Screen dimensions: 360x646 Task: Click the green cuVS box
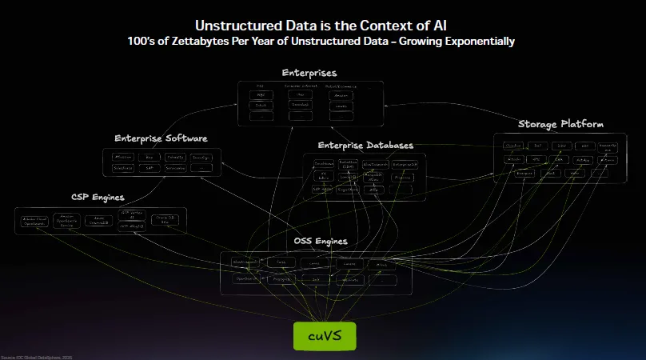(x=324, y=336)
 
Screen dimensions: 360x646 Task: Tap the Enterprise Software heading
(x=161, y=138)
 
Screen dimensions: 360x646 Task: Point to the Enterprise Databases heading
(x=365, y=145)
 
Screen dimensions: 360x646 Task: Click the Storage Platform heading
(x=560, y=124)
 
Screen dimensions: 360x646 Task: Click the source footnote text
(x=36, y=356)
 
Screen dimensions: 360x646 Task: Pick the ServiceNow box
(x=175, y=169)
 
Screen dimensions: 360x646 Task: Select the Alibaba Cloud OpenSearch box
(x=34, y=222)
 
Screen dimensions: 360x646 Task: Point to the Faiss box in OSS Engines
(x=281, y=262)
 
